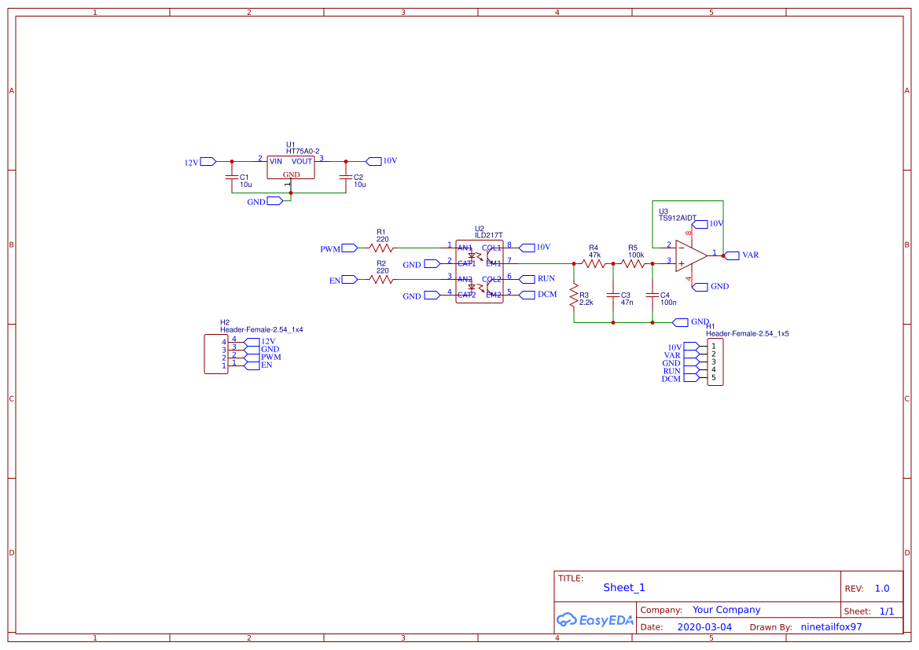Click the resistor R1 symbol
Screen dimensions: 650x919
pyautogui.click(x=382, y=248)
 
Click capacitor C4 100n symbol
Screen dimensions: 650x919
pyautogui.click(x=652, y=296)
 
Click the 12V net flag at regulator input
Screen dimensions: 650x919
pyautogui.click(x=208, y=162)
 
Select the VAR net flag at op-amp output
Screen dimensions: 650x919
pyautogui.click(x=732, y=255)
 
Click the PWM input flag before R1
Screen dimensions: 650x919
pyautogui.click(x=349, y=248)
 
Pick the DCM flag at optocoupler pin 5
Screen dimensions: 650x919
pyautogui.click(x=526, y=295)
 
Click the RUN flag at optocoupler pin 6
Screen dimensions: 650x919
pyautogui.click(x=526, y=279)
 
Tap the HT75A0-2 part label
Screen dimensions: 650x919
pyautogui.click(x=303, y=151)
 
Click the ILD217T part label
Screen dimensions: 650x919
pyautogui.click(x=488, y=235)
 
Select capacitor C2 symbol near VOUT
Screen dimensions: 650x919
pyautogui.click(x=345, y=177)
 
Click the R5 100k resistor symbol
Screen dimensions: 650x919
pyautogui.click(x=634, y=264)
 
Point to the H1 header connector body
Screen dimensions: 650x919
pyautogui.click(x=715, y=362)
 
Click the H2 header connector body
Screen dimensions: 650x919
pyautogui.click(x=215, y=354)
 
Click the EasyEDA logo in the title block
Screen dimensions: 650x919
pyautogui.click(x=595, y=619)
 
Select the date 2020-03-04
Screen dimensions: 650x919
pyautogui.click(x=704, y=627)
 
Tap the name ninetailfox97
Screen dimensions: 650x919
pyautogui.click(x=830, y=627)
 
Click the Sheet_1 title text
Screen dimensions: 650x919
pyautogui.click(x=624, y=588)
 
